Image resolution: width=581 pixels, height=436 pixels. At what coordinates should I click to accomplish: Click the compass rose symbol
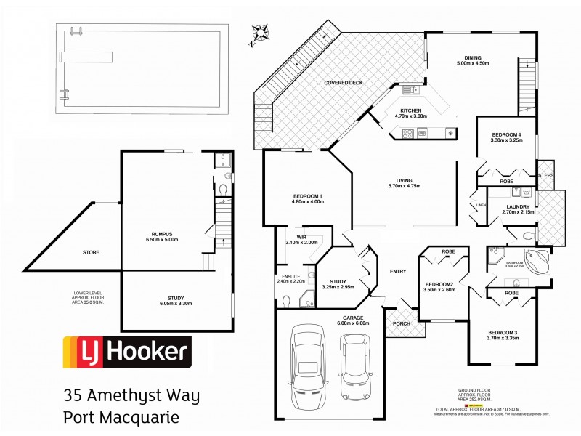pos(259,33)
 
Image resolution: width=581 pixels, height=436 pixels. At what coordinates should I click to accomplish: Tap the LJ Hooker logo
pos(128,353)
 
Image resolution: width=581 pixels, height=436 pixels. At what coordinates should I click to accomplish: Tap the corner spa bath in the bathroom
pos(538,260)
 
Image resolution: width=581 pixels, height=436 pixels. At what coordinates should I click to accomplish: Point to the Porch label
pos(399,324)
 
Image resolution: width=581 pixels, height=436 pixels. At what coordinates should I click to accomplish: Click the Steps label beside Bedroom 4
pos(545,175)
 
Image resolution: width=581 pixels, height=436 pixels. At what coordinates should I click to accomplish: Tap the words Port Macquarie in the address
pos(120,419)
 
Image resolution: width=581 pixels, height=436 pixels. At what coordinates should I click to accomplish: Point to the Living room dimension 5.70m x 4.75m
pos(395,186)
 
